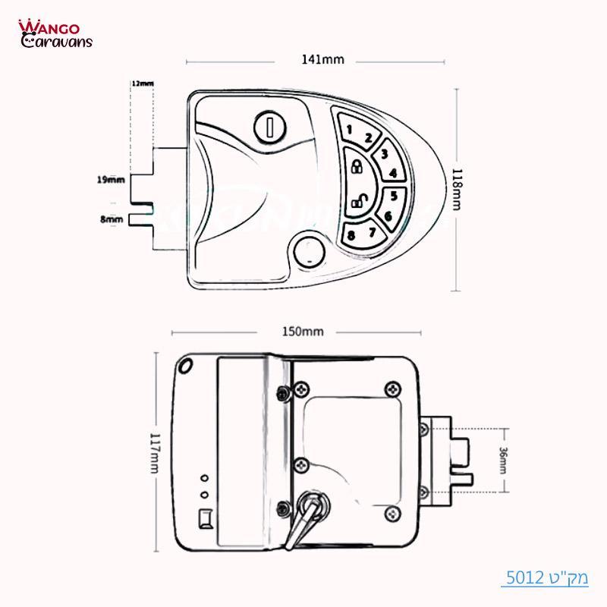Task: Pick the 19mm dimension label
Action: pos(111,180)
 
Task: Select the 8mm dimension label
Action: pos(112,219)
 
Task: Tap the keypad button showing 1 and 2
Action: pos(358,133)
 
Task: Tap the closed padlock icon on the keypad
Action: pos(355,166)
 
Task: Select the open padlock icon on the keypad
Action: pos(357,201)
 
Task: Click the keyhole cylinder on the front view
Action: pos(269,126)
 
